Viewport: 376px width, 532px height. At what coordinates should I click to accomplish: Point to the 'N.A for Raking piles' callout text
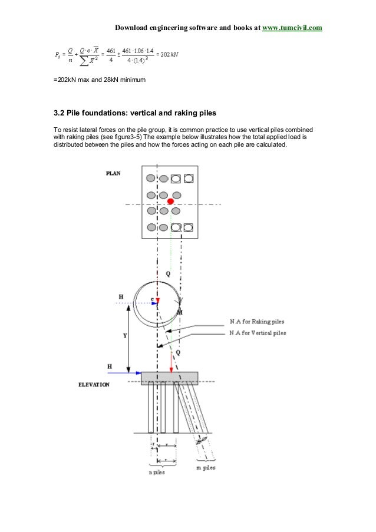[x=257, y=322]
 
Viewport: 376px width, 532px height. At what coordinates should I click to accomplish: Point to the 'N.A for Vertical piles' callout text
[x=258, y=333]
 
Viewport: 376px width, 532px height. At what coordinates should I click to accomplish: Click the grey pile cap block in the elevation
[x=169, y=378]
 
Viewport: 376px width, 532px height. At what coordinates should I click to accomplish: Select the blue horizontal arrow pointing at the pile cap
[x=128, y=372]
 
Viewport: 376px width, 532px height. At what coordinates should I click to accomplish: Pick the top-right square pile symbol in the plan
[x=188, y=178]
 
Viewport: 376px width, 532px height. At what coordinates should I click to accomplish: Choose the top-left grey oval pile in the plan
[x=151, y=178]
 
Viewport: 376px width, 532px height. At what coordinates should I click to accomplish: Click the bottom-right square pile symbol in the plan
[x=188, y=227]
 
